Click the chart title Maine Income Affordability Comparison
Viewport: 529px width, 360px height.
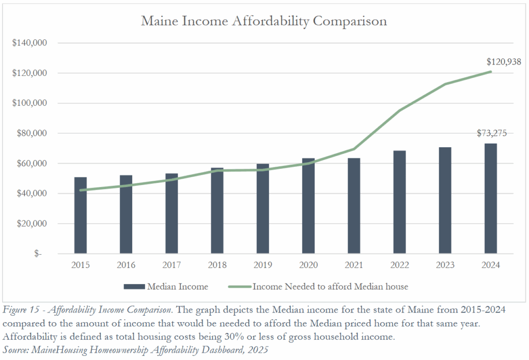(x=264, y=21)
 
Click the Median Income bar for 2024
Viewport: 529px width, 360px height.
(x=490, y=198)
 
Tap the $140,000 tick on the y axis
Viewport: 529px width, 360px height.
(x=30, y=43)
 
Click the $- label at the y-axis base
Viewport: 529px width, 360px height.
(x=38, y=254)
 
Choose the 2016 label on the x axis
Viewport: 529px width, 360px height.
(x=126, y=265)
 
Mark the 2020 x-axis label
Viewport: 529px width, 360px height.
(x=308, y=265)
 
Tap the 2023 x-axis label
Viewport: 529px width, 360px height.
(x=445, y=265)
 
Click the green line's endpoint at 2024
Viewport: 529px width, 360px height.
(x=490, y=72)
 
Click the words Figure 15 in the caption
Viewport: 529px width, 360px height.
(x=24, y=310)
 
